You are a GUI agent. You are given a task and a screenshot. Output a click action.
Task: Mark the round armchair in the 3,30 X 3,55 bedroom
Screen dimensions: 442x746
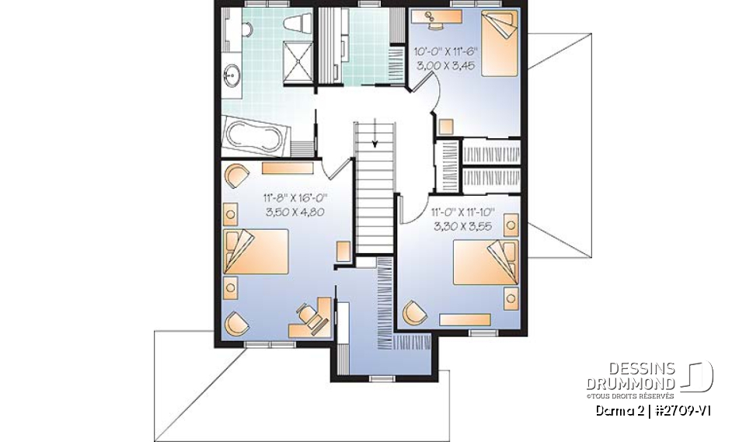(x=414, y=312)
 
